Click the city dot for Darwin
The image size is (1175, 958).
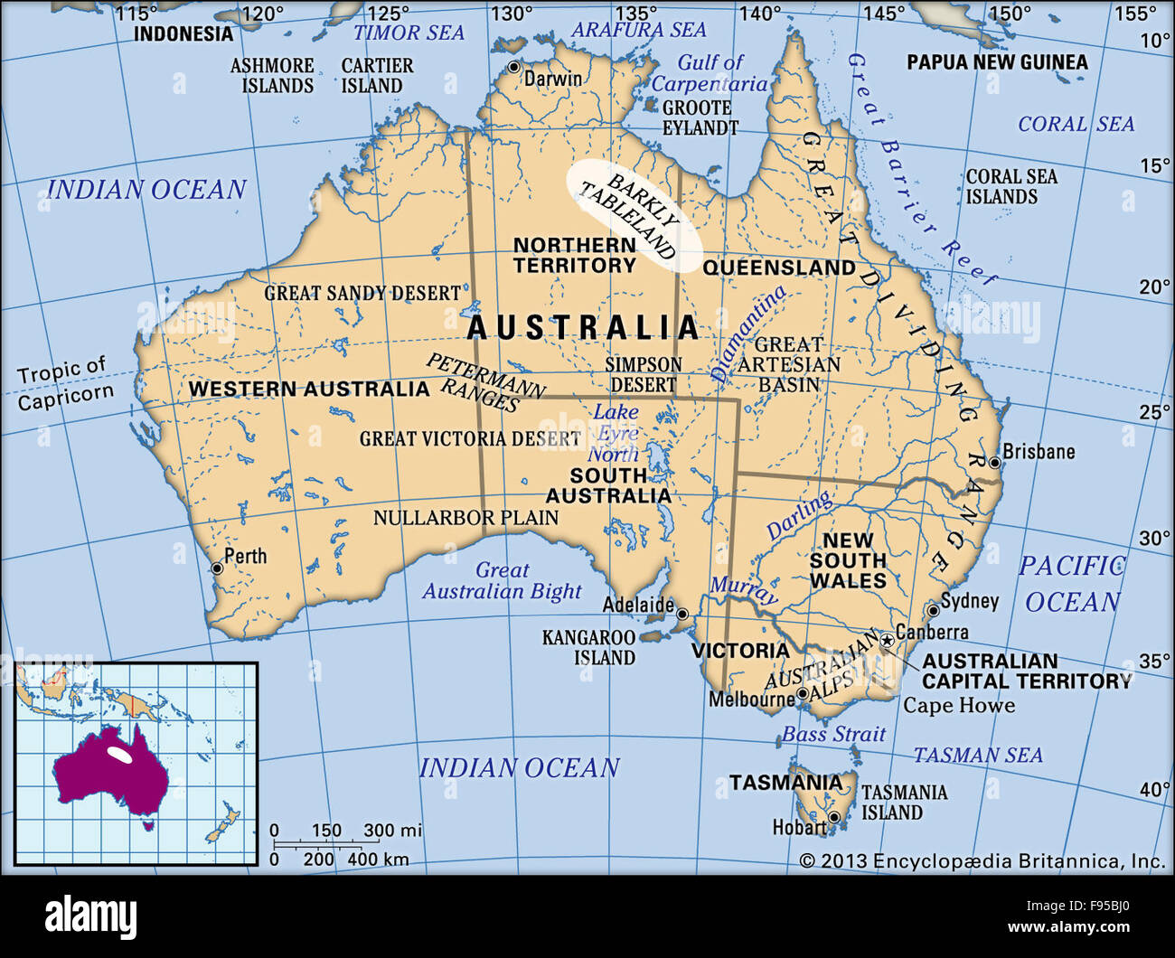click(514, 68)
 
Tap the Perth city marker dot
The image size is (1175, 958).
click(217, 568)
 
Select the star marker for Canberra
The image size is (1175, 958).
click(888, 641)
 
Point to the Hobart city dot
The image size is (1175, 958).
click(834, 817)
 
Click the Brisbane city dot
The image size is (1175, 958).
click(994, 463)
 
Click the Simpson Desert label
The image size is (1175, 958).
click(644, 374)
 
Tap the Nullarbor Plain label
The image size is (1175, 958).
click(465, 518)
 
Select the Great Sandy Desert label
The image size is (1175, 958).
click(362, 293)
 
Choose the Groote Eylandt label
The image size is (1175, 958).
click(700, 118)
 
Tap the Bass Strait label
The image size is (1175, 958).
click(833, 734)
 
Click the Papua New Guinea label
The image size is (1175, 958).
click(997, 62)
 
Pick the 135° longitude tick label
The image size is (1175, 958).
click(636, 14)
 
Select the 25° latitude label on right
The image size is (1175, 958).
click(1154, 412)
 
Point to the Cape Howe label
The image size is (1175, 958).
click(959, 705)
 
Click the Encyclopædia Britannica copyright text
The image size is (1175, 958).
click(982, 861)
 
